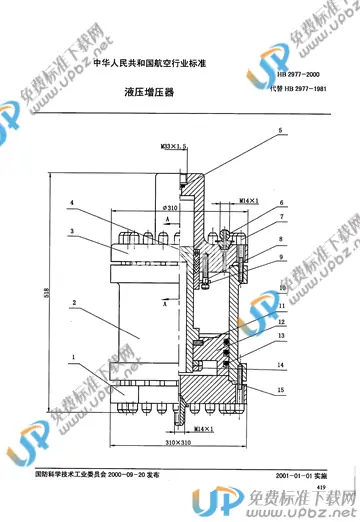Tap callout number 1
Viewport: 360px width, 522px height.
pyautogui.click(x=72, y=355)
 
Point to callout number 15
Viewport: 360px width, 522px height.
pyautogui.click(x=282, y=389)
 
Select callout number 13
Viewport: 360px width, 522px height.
pyautogui.click(x=282, y=337)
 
